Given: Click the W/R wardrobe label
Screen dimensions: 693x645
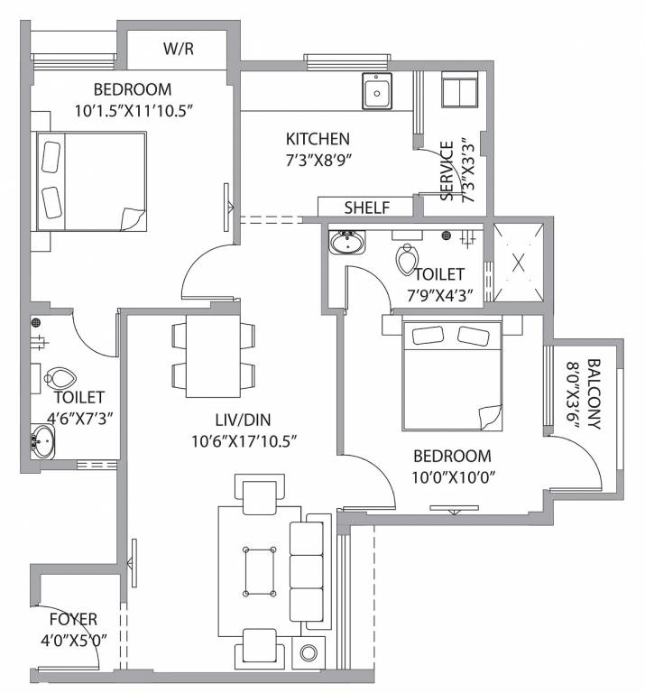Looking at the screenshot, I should pyautogui.click(x=179, y=49).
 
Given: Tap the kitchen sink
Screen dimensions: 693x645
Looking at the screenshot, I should pyautogui.click(x=377, y=91).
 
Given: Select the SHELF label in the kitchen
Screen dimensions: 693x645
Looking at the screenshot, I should pyautogui.click(x=366, y=208).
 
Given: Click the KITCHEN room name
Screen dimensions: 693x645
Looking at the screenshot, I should pyautogui.click(x=318, y=139).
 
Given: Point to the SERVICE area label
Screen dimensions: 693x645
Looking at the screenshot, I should pyautogui.click(x=447, y=171).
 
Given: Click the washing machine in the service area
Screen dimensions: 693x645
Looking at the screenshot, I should pyautogui.click(x=461, y=92).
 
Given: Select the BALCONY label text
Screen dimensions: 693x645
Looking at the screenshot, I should pyautogui.click(x=594, y=394).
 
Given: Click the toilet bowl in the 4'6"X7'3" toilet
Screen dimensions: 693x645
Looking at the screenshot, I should pyautogui.click(x=61, y=378).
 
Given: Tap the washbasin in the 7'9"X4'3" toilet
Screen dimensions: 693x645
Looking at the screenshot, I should pyautogui.click(x=346, y=243).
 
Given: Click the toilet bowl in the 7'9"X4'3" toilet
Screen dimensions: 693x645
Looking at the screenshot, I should pyautogui.click(x=406, y=260).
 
